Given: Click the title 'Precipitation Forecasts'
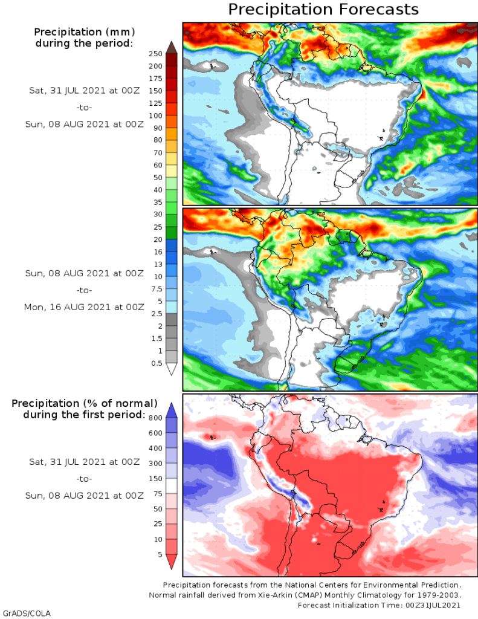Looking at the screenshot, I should pos(323,10).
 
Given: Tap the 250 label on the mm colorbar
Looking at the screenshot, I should pos(155,54).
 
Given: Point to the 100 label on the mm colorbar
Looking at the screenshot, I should pos(155,115).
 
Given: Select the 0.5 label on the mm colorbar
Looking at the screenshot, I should pos(156,363).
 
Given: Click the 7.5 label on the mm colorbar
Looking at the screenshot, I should pos(156,289).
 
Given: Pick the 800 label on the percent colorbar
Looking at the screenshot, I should pos(155,418).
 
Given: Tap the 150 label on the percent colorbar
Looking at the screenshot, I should pos(155,479).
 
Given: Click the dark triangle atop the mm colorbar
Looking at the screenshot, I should pos(171,47).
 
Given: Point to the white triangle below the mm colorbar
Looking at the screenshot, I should pos(171,369).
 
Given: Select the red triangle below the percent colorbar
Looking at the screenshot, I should pos(171,562).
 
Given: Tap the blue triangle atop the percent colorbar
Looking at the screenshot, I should pos(171,410).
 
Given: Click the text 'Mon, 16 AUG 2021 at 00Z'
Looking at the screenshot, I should pos(84,307).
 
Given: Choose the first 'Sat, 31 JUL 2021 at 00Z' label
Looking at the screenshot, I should pos(85,90).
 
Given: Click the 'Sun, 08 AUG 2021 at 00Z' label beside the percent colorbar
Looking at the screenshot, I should pos(85,496).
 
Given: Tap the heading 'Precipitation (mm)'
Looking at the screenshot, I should pos(84,31).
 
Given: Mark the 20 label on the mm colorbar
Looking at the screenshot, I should pos(156,239).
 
